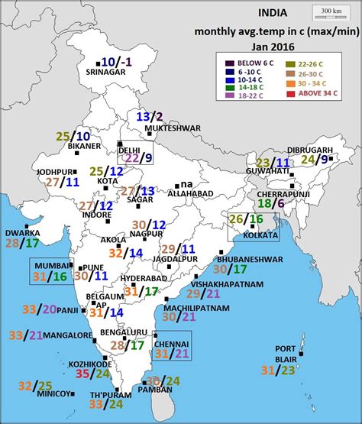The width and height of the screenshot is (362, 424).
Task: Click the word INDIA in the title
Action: pyautogui.click(x=273, y=13)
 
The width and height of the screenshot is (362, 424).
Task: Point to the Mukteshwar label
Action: pyautogui.click(x=157, y=128)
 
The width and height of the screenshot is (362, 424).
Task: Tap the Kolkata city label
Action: pyautogui.click(x=256, y=235)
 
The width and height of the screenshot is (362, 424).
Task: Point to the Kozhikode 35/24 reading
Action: pyautogui.click(x=92, y=373)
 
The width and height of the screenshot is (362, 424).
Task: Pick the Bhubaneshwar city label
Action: pyautogui.click(x=244, y=259)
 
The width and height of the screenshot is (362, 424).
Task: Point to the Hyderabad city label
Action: pyautogui.click(x=139, y=279)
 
